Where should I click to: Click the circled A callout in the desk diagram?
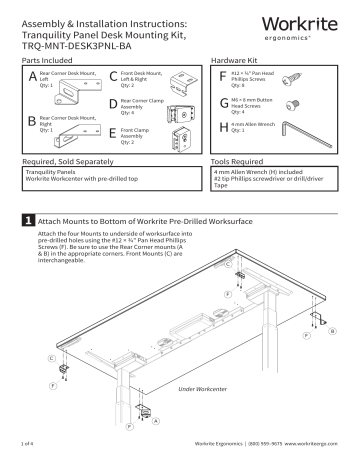coord(155,419)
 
